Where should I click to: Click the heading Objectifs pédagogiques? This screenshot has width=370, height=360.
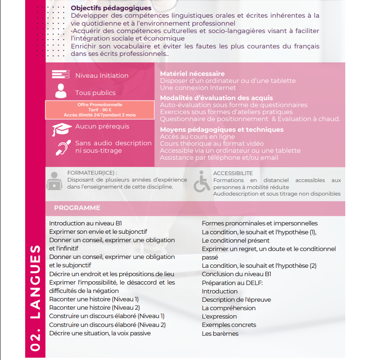coord(111,8)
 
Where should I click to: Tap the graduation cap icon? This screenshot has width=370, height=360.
coord(62,129)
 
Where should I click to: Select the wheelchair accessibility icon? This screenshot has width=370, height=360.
coord(201,182)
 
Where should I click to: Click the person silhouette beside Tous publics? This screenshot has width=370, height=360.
coord(61,91)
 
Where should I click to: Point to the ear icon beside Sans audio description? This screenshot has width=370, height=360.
coord(62,147)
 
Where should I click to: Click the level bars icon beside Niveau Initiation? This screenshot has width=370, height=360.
coord(61,75)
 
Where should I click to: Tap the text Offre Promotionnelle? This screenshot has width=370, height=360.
coord(100,105)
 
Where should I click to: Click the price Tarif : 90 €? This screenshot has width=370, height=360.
coord(100,110)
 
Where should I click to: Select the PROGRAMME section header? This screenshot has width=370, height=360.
coord(77,208)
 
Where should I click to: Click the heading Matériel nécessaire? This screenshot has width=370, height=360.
coord(192,74)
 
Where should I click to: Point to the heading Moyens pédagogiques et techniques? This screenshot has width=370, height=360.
coord(221,129)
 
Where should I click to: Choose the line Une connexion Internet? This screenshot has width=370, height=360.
coord(198,88)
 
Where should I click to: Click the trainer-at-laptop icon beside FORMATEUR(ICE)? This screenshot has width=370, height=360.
coord(54,181)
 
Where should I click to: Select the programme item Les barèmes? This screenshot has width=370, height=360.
coord(220,333)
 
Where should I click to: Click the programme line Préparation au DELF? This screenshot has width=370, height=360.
coord(232,283)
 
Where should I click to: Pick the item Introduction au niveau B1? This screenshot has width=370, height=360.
coord(85,224)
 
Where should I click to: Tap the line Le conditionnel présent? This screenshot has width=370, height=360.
coord(235,240)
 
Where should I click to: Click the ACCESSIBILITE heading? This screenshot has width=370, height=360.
coord(233,173)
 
